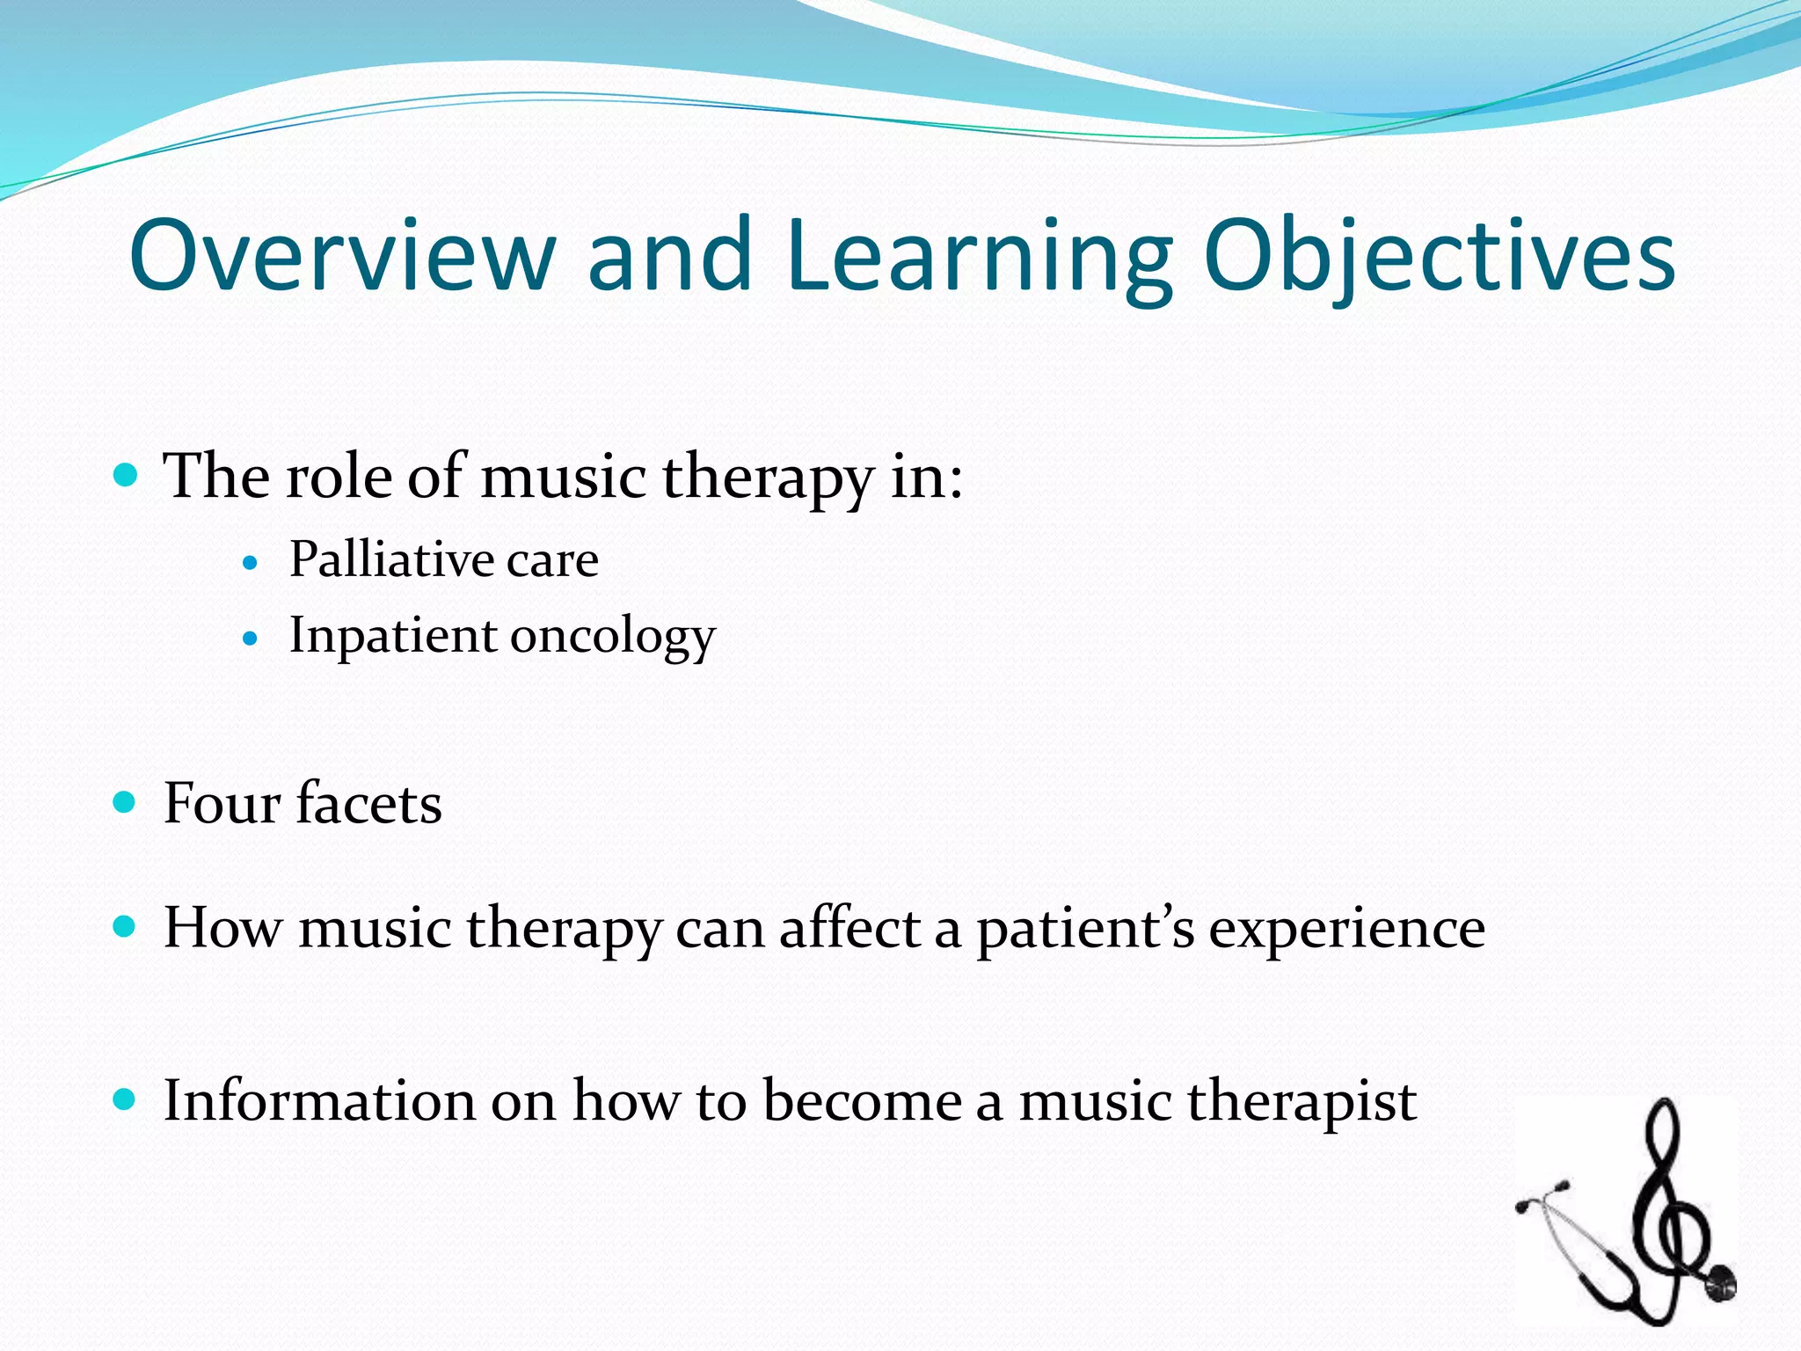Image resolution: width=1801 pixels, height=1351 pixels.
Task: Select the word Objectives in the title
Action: pyautogui.click(x=1440, y=257)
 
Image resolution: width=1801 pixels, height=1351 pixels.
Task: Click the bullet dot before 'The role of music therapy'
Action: pyautogui.click(x=127, y=477)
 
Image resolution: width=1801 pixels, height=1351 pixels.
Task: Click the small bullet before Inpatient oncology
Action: pyautogui.click(x=252, y=638)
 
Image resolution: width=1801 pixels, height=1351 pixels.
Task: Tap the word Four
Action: pyautogui.click(x=222, y=803)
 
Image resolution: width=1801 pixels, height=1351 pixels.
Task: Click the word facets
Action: pyautogui.click(x=369, y=803)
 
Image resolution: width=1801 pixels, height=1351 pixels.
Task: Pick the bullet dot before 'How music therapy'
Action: pyautogui.click(x=127, y=926)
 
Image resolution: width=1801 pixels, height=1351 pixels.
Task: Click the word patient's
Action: pyautogui.click(x=1085, y=929)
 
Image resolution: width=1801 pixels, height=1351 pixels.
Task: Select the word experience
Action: pyautogui.click(x=1346, y=929)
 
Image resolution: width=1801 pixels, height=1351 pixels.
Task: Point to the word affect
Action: pyautogui.click(x=849, y=928)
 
